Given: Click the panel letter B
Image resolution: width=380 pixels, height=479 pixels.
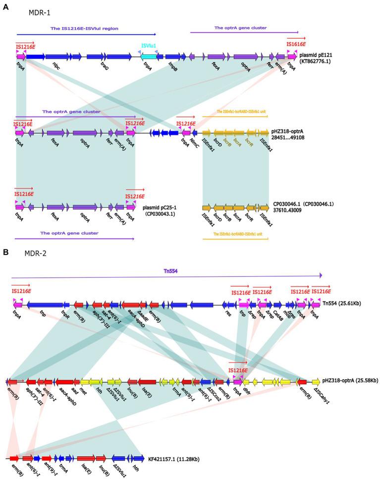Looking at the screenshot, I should [5, 252].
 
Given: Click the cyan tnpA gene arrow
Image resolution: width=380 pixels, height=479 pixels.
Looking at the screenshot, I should [148, 57].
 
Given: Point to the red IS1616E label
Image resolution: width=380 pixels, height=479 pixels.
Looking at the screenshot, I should [296, 45].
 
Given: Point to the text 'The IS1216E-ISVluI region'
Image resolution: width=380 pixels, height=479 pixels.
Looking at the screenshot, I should [84, 29].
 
